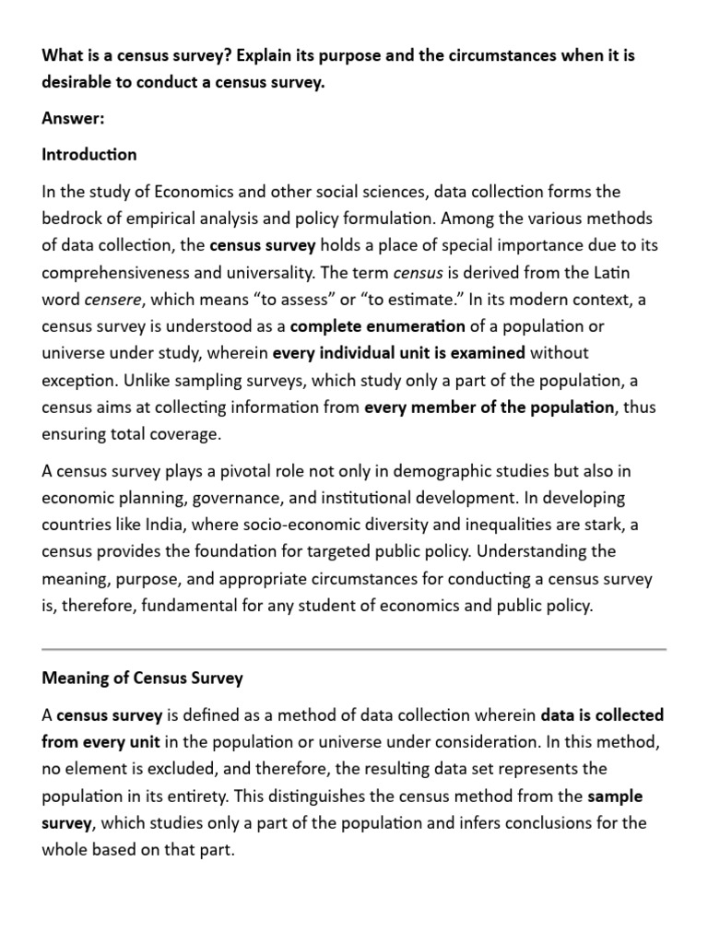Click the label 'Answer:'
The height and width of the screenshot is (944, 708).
click(73, 119)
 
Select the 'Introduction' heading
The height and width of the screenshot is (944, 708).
click(89, 154)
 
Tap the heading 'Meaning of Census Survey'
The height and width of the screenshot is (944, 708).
click(143, 678)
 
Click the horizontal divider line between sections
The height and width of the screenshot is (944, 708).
click(354, 650)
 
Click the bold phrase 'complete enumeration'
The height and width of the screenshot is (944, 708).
click(378, 325)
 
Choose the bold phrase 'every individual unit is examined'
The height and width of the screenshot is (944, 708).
click(399, 352)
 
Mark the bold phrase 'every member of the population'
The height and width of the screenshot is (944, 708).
click(489, 406)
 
